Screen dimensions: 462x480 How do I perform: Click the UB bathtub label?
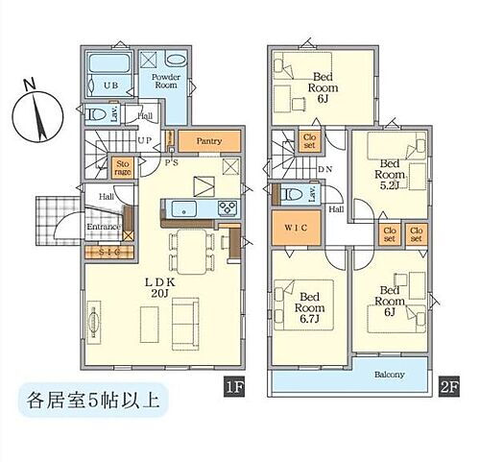click(x=112, y=85)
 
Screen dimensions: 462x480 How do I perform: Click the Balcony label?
click(x=388, y=375)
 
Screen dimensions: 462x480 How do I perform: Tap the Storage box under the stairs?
click(x=124, y=171)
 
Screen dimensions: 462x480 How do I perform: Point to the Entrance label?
click(x=103, y=227)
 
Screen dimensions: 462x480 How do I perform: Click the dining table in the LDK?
click(x=190, y=248)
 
